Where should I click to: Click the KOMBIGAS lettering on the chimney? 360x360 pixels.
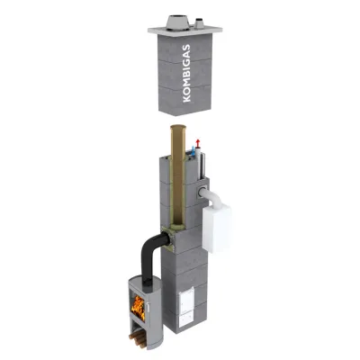coord(186,74)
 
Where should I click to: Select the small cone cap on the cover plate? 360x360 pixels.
coord(199,23)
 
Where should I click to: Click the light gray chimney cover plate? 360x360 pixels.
coord(185,30)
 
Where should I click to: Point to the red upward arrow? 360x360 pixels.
coord(197,143)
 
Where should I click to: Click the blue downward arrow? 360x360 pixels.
coord(193,149)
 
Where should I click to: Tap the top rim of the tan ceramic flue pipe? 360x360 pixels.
coord(178,127)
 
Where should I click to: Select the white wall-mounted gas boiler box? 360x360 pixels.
coord(217,229)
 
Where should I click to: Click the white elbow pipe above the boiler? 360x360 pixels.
coord(212,198)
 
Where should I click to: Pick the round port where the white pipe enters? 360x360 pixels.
coord(202,193)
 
